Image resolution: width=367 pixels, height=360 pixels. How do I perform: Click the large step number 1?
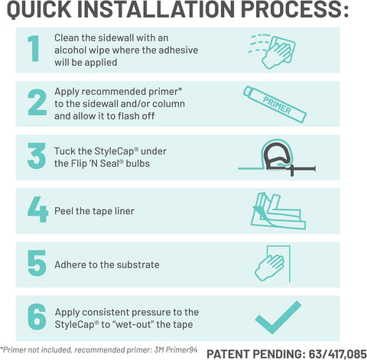pos(34,48)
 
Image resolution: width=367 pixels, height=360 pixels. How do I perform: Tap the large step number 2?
pos(37,102)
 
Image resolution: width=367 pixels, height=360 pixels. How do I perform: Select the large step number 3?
pos(37,156)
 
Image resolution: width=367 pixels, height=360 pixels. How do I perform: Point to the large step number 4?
pos(37,209)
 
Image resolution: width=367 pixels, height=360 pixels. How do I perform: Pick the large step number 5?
pos(37,263)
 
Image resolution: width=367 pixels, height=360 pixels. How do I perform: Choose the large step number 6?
pos(37,317)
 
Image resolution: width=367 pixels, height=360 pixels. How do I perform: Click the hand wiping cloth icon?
pos(271,51)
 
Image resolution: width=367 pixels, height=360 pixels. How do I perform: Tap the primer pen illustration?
pos(274,105)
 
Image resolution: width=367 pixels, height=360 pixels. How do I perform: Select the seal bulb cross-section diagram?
pos(277,158)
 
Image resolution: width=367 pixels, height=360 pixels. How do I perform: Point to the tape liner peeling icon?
pos(278,211)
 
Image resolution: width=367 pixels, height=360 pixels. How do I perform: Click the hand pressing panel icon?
pos(273,264)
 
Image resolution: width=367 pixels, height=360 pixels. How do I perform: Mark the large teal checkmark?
pos(278,317)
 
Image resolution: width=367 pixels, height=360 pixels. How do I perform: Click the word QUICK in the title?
pos(39,9)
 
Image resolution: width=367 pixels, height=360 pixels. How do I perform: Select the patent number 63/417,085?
pos(338,354)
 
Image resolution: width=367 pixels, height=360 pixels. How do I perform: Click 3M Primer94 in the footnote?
pos(176,350)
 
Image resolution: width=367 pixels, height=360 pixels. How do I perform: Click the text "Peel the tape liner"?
pos(94,211)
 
